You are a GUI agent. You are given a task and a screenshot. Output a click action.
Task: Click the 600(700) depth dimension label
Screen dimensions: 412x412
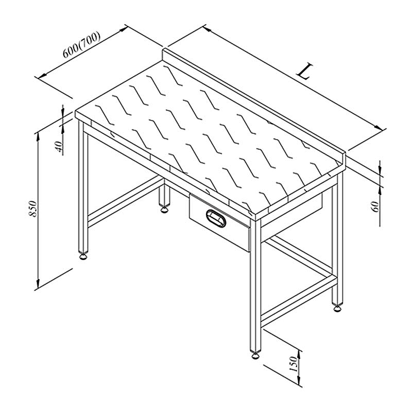[82, 45]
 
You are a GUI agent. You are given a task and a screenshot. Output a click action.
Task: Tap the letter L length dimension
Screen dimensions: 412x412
[305, 71]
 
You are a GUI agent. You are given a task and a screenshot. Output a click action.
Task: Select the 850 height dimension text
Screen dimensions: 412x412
[33, 209]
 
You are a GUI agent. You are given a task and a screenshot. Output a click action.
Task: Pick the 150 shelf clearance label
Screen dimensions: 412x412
[294, 364]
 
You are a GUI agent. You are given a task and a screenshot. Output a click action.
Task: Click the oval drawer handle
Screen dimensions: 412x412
[216, 218]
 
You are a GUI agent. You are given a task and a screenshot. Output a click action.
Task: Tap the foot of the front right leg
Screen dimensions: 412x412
[255, 355]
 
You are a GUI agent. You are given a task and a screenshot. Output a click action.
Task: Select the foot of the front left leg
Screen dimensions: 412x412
[83, 255]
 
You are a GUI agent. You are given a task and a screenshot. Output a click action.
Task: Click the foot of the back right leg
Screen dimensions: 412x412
[337, 307]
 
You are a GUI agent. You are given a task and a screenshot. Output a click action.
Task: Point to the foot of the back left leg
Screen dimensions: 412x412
[164, 209]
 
